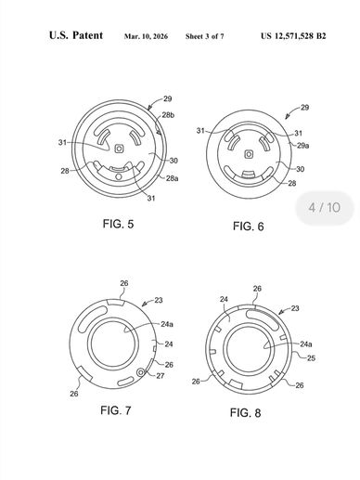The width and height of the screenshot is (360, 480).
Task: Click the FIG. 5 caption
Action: coord(118,224)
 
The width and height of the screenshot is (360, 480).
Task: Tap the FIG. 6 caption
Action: coord(249,227)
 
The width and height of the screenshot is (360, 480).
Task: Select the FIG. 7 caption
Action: coord(116,410)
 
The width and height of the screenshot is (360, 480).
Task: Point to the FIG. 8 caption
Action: coord(245,412)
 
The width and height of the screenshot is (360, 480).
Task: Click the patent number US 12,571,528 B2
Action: coord(293,36)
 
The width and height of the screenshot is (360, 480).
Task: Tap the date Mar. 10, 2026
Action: coord(146,36)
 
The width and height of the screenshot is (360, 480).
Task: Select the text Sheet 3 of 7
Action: coord(204,36)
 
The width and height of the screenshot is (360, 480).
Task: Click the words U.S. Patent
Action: coord(76,35)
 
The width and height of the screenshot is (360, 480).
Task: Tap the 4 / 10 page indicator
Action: coord(325,207)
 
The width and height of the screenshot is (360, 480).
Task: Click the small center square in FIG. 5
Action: coord(119,149)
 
